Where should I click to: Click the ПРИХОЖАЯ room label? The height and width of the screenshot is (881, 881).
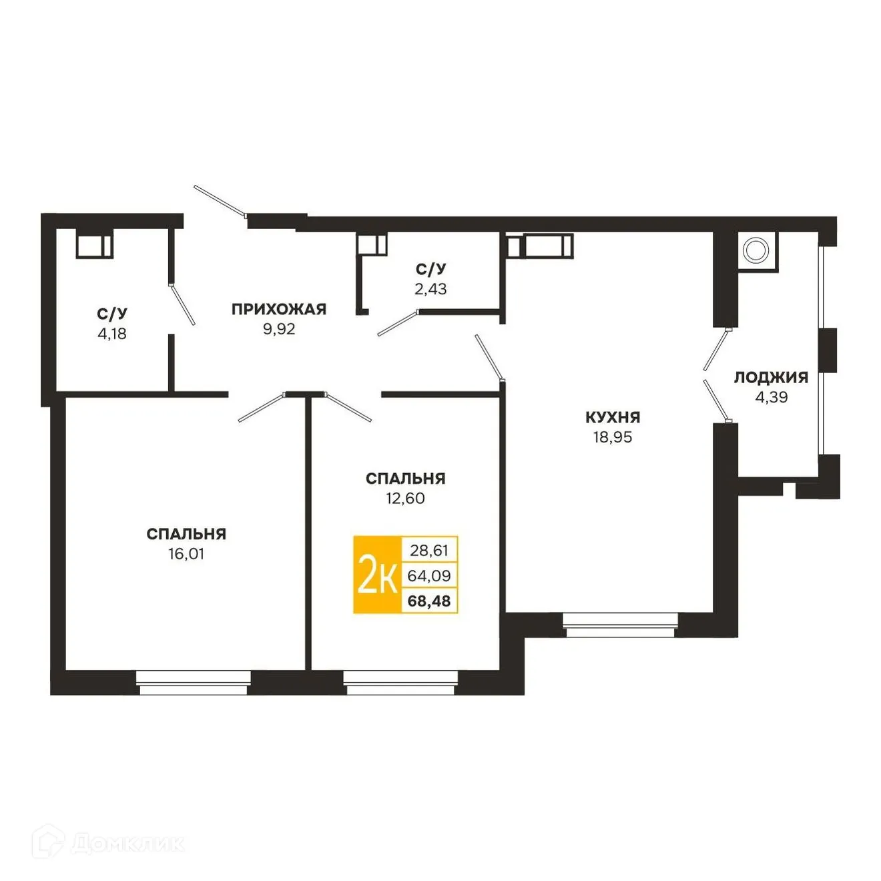(x=278, y=309)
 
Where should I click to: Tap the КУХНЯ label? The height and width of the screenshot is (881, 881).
(x=613, y=418)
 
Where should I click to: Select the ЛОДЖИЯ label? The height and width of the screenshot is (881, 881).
(x=771, y=378)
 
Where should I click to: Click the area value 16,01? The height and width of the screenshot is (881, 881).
(x=186, y=554)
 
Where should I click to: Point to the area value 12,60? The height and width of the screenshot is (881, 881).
(x=405, y=499)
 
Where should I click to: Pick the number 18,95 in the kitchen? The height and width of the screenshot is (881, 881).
(x=613, y=438)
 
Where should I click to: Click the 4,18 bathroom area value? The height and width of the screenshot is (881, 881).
(x=112, y=334)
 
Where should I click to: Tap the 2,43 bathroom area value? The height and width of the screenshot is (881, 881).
(x=430, y=289)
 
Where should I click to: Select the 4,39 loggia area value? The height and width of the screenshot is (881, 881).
(x=771, y=397)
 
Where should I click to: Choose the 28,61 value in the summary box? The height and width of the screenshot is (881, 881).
(x=429, y=551)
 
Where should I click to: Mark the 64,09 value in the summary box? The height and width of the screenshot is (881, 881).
(x=429, y=575)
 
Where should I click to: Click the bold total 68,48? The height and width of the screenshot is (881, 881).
(x=429, y=601)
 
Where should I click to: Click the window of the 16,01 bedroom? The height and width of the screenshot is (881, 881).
(x=194, y=683)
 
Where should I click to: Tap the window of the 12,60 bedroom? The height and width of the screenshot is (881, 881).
(x=401, y=683)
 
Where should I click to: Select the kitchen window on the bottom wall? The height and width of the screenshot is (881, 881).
(x=620, y=625)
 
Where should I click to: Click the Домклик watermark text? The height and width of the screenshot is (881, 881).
(x=127, y=844)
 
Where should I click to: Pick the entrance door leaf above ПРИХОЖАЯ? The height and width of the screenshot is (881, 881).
(x=220, y=201)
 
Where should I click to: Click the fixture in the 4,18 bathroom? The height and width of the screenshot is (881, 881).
(x=93, y=246)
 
